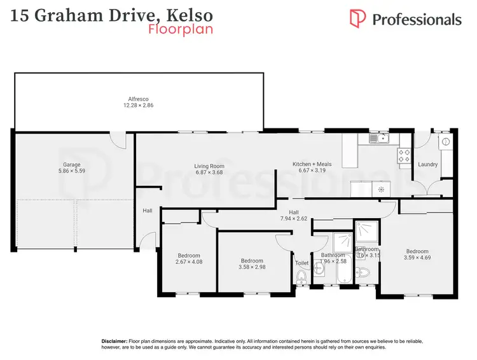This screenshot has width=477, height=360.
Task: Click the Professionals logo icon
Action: click(x=358, y=18)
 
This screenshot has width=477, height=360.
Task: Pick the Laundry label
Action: click(x=427, y=165)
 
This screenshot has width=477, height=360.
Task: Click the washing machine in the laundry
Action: click(x=446, y=142)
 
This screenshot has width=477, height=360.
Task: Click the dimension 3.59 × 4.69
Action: click(x=417, y=258)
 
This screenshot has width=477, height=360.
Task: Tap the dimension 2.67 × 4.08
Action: click(x=188, y=261)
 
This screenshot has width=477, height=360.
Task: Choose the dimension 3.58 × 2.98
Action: click(x=252, y=267)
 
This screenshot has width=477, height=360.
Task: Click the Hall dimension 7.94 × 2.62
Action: click(x=294, y=219)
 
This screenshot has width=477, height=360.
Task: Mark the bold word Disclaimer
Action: click(x=114, y=342)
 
